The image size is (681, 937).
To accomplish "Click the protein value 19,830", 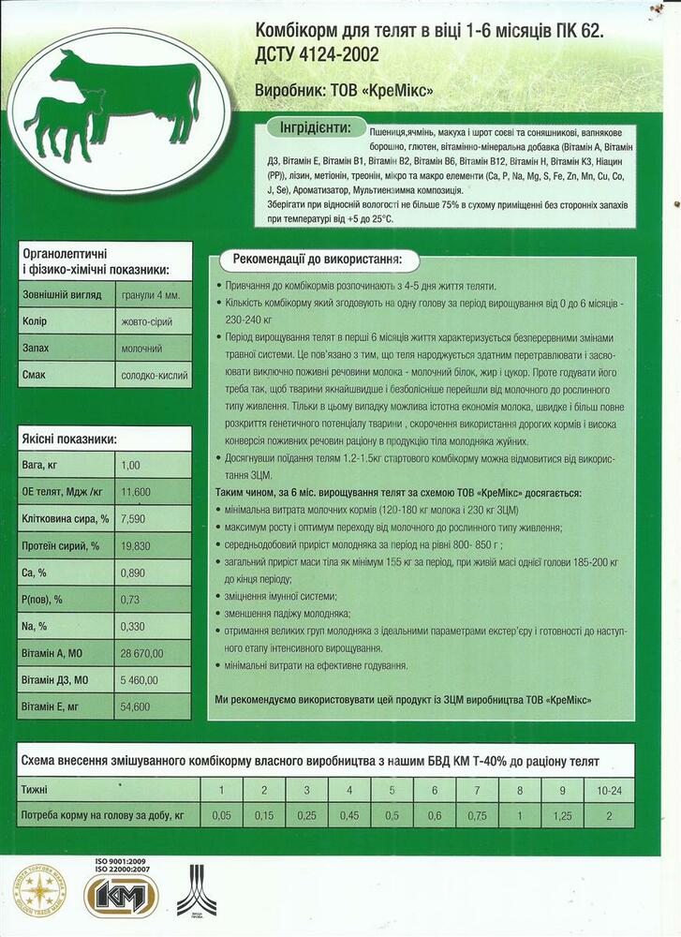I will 137,546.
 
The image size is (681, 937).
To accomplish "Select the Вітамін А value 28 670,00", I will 142,653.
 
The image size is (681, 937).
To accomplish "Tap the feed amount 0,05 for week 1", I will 221,815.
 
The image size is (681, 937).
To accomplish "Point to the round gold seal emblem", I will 38,890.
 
